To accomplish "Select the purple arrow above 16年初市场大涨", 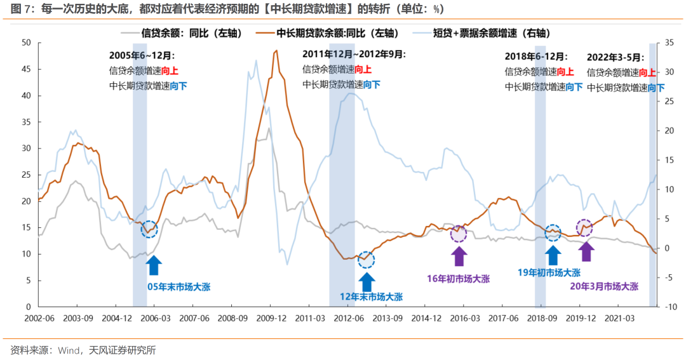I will coord(459,255).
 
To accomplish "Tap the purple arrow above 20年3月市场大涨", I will coord(586,251).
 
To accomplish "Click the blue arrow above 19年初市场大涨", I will coord(553,253).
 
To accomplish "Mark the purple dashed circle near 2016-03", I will coord(459,234).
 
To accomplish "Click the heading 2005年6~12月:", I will coord(142,55).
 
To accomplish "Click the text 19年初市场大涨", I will coord(550,272).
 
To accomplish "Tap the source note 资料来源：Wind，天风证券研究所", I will coord(83,350).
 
